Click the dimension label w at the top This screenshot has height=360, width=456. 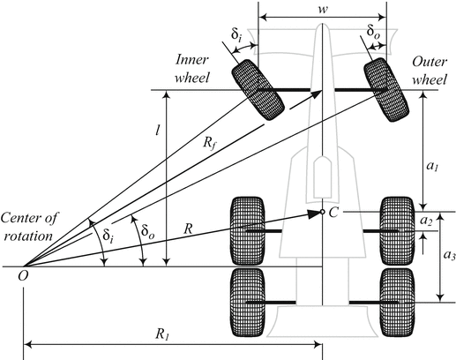323,7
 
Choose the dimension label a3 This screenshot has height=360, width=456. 426,256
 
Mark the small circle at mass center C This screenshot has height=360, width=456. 323,212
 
